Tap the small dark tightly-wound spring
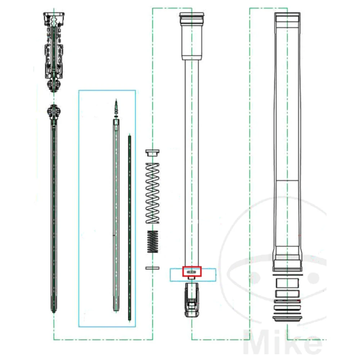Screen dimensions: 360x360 click(x=153, y=242)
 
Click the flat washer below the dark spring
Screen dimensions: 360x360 click(x=152, y=268)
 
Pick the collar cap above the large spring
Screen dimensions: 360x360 click(x=152, y=153)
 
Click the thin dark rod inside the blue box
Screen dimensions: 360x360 click(x=129, y=227)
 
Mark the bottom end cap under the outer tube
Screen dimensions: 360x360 click(x=287, y=318)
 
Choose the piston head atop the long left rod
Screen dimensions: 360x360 click(x=53, y=112)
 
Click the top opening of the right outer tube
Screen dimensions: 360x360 click(x=287, y=16)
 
